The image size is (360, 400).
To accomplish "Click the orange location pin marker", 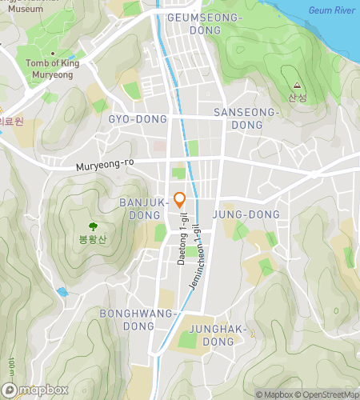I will pyautogui.click(x=180, y=200).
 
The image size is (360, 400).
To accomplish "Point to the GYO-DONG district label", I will pyautogui.click(x=138, y=119).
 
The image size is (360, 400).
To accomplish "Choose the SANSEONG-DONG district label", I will pyautogui.click(x=246, y=119).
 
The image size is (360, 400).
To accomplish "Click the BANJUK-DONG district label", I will pyautogui.click(x=142, y=209).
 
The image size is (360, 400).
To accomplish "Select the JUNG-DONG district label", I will pyautogui.click(x=246, y=214).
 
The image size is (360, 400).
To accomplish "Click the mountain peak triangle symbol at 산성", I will pyautogui.click(x=297, y=86).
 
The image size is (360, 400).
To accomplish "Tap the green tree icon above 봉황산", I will pyautogui.click(x=93, y=227).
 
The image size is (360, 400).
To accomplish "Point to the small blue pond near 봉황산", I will pyautogui.click(x=62, y=292).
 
